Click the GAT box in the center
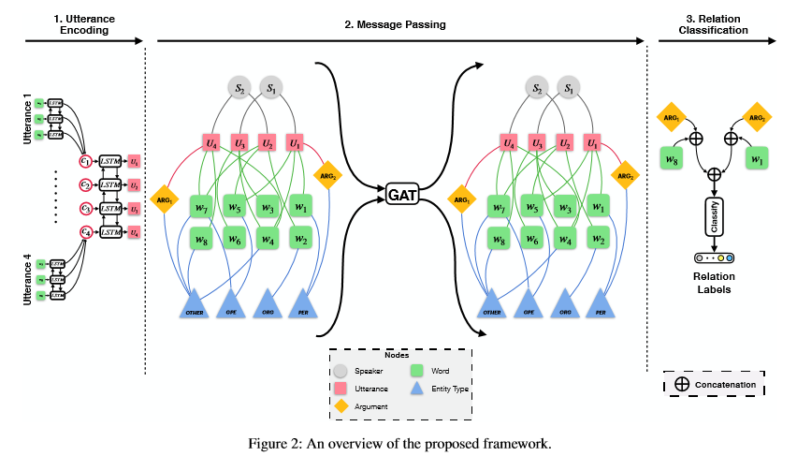[401, 195]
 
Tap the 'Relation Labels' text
[713, 283]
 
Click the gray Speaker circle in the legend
[342, 371]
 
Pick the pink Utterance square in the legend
[342, 388]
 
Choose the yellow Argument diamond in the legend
[342, 405]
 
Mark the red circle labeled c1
[85, 161]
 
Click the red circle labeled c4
[85, 231]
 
